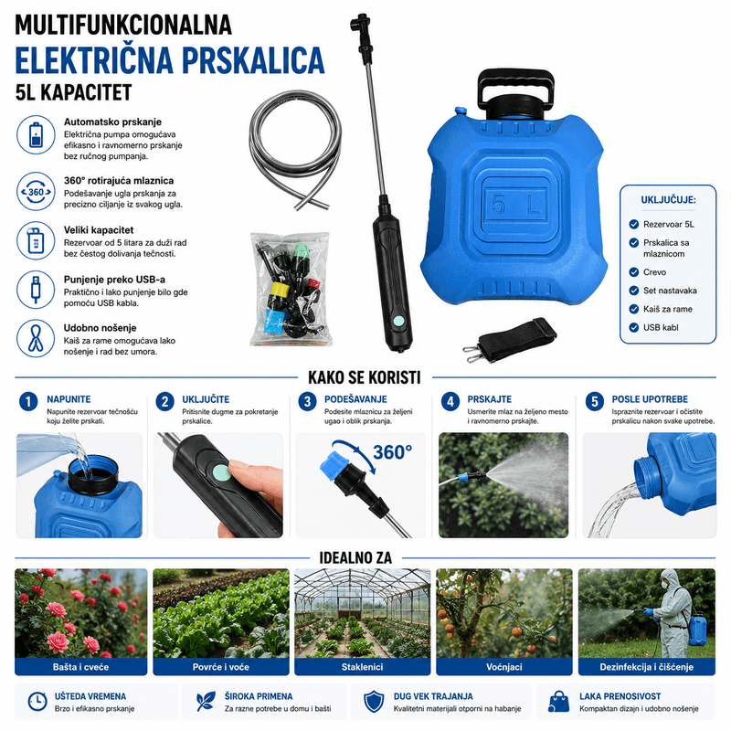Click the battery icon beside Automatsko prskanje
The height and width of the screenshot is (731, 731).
point(36,134)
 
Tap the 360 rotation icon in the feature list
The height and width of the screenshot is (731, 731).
point(36,192)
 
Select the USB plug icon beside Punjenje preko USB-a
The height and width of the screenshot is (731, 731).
point(36,290)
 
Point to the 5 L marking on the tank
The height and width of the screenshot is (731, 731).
point(514,204)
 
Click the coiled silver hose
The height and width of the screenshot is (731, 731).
point(295,149)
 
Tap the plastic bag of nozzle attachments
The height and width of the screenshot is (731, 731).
point(290,289)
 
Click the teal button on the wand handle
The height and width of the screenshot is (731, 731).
point(398,321)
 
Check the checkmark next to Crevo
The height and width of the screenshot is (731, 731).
point(633,272)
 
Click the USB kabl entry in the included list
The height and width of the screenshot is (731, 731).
point(661,328)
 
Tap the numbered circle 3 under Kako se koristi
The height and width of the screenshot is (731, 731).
point(307,402)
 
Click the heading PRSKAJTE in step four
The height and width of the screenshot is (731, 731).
point(489,399)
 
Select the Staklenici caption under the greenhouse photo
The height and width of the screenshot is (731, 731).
point(362,667)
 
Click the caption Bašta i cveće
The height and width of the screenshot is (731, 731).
point(80,667)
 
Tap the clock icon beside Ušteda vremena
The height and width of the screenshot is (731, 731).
point(37,702)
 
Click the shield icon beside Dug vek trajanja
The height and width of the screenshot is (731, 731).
point(374,702)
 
